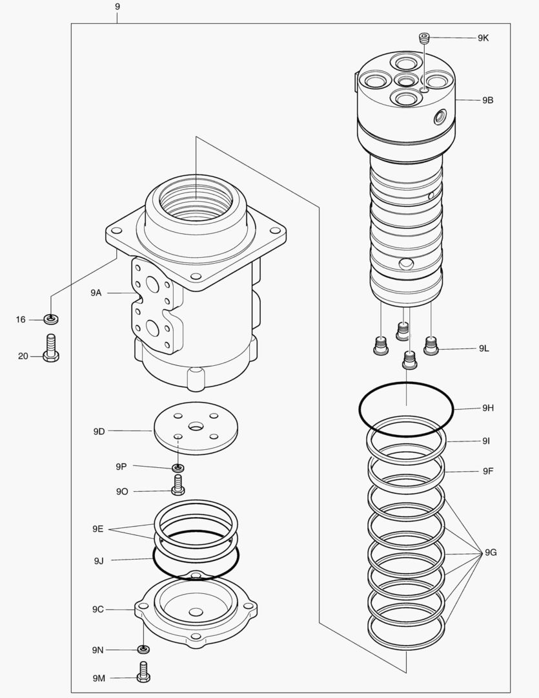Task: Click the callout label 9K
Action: coord(483,38)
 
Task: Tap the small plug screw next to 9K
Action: coord(424,39)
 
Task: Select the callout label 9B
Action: coord(487,100)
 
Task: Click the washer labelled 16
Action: coord(51,319)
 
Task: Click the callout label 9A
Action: coord(96,293)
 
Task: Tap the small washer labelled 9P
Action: coord(178,467)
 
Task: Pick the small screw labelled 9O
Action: coord(178,484)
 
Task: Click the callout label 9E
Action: coord(97,529)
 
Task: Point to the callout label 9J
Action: coord(98,560)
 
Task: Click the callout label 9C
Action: coord(97,609)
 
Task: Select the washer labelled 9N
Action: coord(143,649)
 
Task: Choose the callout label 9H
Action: coord(488,408)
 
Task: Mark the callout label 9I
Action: coord(486,441)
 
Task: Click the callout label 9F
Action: coord(488,471)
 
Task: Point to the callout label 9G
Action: coord(491,553)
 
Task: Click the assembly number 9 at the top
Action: coord(117,6)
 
